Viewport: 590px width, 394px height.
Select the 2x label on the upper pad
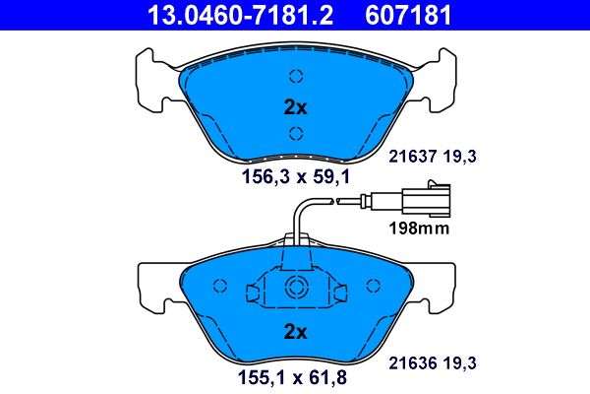[295, 105]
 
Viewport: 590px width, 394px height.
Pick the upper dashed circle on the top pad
[296, 77]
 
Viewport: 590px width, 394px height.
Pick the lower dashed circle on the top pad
[296, 134]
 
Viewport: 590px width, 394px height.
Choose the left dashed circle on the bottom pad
[220, 286]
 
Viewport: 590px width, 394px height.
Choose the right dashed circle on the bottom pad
[372, 286]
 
